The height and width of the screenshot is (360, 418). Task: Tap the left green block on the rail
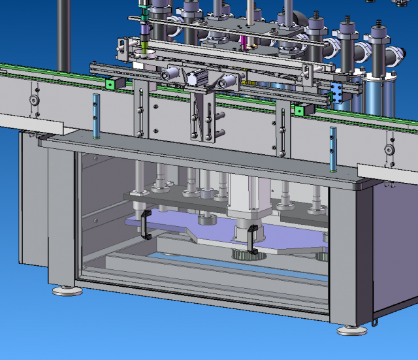click(112, 84)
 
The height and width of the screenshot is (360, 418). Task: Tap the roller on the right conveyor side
click(389, 150)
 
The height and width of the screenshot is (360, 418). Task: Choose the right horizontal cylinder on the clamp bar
click(227, 81)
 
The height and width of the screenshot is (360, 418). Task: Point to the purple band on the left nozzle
click(144, 29)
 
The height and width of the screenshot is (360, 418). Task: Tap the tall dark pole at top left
click(63, 33)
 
